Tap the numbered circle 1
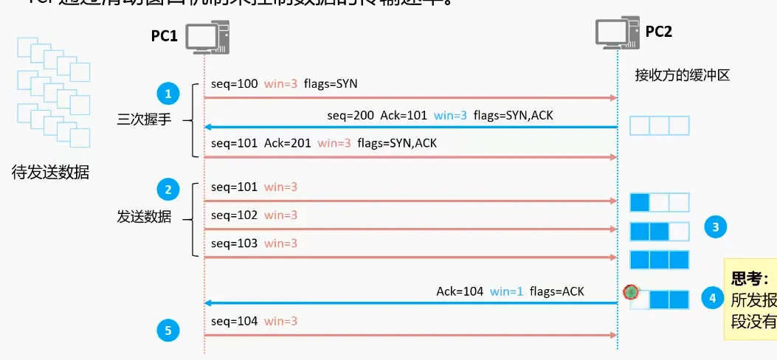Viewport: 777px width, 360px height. pos(168,94)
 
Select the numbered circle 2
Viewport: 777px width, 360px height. pos(168,190)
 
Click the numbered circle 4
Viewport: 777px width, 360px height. pos(712,298)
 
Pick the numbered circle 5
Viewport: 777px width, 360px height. pos(168,331)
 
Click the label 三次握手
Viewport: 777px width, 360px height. pos(144,120)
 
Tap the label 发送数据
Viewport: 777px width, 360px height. pos(144,217)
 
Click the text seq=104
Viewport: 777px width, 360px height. pos(234,321)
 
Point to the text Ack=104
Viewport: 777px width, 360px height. pos(459,291)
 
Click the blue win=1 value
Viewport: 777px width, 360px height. pos(507,291)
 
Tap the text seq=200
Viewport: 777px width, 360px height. pos(350,116)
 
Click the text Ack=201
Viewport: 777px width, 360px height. pos(287,143)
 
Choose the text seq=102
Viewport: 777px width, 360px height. pos(234,215)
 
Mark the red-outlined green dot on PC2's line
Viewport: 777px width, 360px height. pos(629,291)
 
